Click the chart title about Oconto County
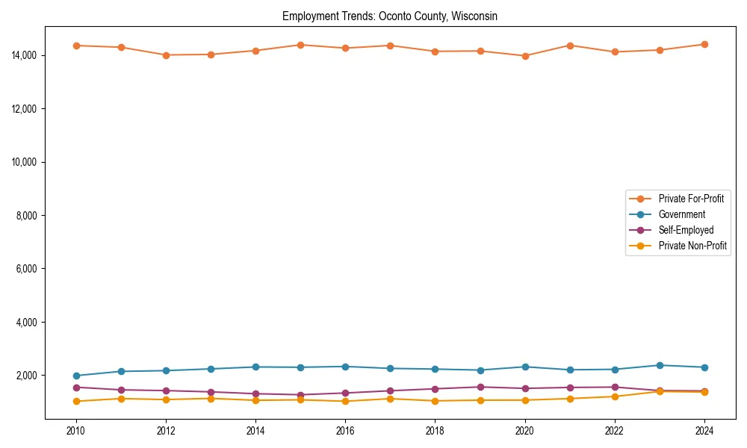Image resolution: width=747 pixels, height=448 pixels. tap(389, 16)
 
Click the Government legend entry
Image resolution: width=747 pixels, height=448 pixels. tap(681, 214)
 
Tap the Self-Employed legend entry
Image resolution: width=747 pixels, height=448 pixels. tap(686, 230)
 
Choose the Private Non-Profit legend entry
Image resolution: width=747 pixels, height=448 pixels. tap(692, 246)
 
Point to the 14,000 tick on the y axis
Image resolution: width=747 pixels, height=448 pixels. tap(27, 55)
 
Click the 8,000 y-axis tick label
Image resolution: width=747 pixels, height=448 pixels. tap(29, 215)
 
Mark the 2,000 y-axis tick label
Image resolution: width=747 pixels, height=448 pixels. tap(29, 375)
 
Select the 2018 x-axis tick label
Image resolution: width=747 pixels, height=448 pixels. tap(435, 431)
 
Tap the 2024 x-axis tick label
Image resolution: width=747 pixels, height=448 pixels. tap(704, 431)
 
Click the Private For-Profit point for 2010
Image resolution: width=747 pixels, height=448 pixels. tap(76, 46)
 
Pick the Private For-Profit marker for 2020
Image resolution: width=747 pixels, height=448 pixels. tap(524, 56)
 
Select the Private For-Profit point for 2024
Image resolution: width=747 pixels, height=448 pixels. tap(704, 44)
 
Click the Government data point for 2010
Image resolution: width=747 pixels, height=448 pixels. tap(76, 376)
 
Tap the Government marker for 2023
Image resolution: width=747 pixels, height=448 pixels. tap(659, 365)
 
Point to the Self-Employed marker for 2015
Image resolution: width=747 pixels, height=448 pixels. tap(300, 395)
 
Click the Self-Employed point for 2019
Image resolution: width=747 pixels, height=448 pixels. tap(480, 387)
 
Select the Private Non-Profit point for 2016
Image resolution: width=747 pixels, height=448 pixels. tap(345, 401)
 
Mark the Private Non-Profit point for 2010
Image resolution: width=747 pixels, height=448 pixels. tap(76, 401)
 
